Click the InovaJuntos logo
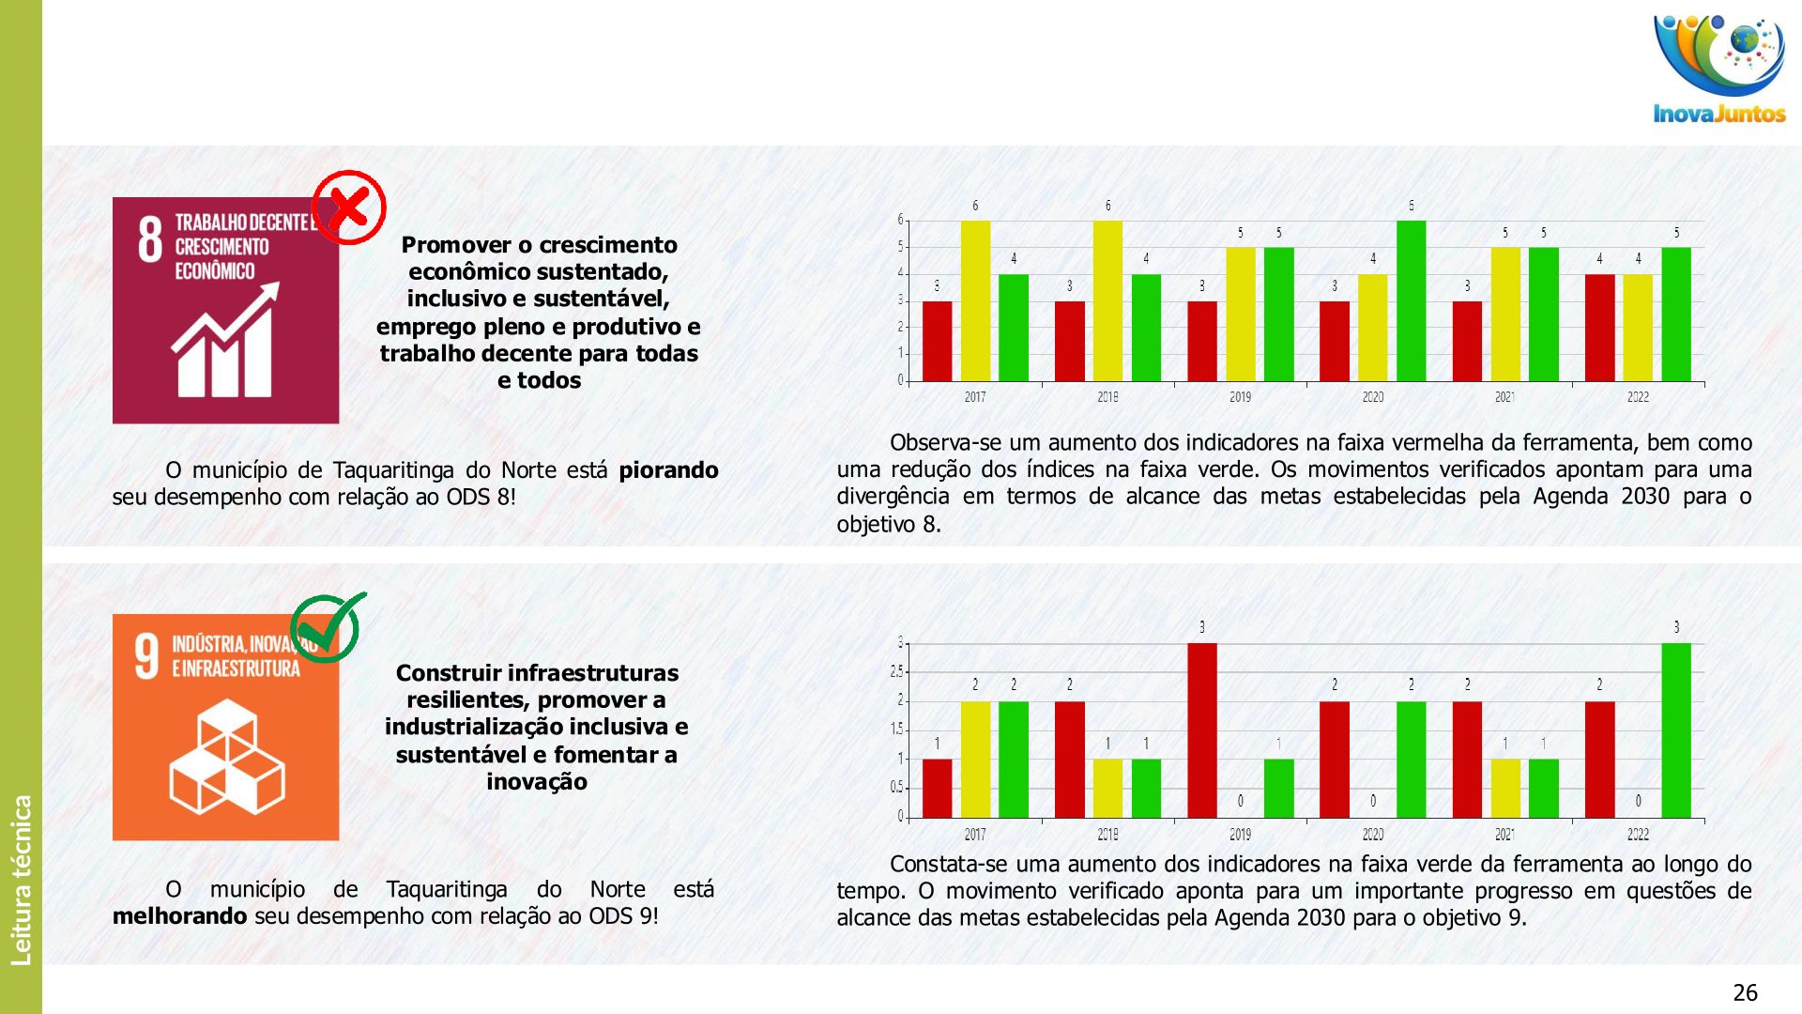coord(1719,71)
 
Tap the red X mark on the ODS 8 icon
coord(349,207)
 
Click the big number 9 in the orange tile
coord(147,656)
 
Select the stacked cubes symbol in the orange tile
coord(226,757)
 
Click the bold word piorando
coord(668,470)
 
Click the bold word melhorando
coord(179,916)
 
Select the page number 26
coord(1745,992)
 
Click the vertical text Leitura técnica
coord(22,880)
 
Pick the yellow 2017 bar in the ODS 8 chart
coord(975,300)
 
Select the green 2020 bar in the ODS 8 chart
coord(1411,300)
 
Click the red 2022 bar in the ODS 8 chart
coord(1599,328)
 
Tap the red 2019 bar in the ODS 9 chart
coord(1201,730)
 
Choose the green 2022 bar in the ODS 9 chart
coord(1676,730)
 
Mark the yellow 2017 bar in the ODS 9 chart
coord(975,760)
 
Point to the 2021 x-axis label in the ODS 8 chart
coord(1504,397)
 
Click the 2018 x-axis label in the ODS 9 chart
coord(1107,835)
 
